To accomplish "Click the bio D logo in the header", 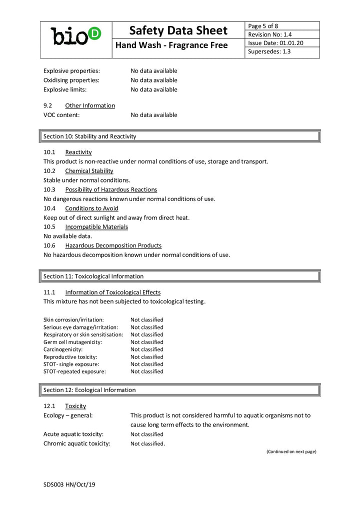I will tap(76, 36).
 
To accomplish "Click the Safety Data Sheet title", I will tap(178, 30).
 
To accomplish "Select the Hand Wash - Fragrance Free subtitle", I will tap(171, 45).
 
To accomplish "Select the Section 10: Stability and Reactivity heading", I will tap(89, 136).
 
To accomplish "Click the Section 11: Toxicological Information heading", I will tap(93, 276).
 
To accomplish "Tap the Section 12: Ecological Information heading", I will tap(89, 390).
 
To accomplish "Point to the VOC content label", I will tap(61, 115).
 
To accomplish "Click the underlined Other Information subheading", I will tap(90, 105).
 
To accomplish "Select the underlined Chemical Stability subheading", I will tap(89, 171).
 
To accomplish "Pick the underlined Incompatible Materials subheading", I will tap(96, 227).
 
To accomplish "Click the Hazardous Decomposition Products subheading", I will tap(113, 245).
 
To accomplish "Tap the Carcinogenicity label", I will tap(63, 349).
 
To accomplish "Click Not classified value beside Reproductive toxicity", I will tap(147, 357).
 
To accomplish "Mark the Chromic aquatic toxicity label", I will tap(76, 443).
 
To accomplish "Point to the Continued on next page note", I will tap(291, 451).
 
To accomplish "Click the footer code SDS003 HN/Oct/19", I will tap(69, 484).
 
